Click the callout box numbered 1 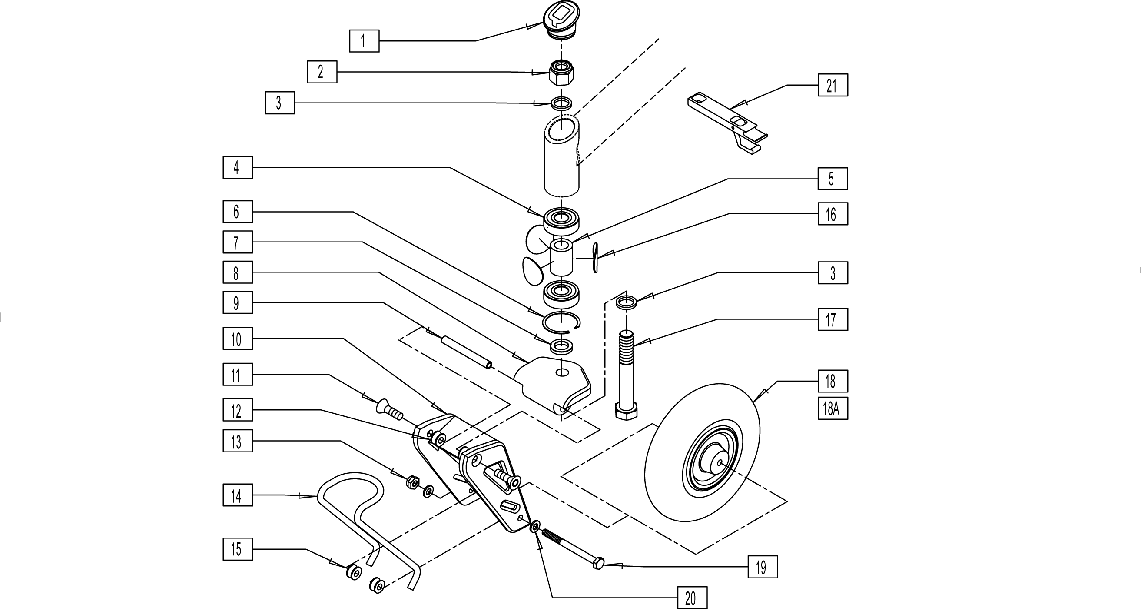[x=364, y=41]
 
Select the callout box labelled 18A [x=832, y=408]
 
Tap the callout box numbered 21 [x=832, y=85]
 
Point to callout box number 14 [x=237, y=495]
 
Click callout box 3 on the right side [x=832, y=273]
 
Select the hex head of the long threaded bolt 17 [x=626, y=411]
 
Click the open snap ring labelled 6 [x=561, y=322]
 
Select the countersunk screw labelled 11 [x=389, y=409]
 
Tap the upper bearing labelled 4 [x=561, y=220]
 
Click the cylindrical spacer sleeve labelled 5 [x=561, y=257]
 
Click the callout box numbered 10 [x=237, y=339]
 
